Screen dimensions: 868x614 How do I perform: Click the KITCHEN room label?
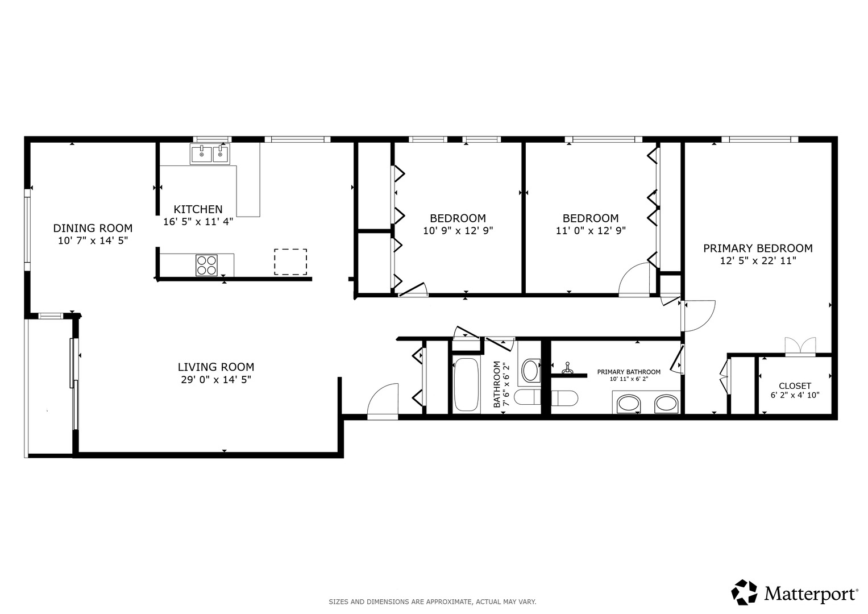pyautogui.click(x=198, y=209)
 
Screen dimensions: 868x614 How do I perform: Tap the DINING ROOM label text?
pyautogui.click(x=93, y=228)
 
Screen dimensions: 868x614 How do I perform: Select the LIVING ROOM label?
pyautogui.click(x=216, y=367)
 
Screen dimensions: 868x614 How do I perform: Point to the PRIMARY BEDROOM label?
pyautogui.click(x=758, y=248)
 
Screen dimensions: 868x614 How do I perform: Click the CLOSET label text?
pyautogui.click(x=795, y=385)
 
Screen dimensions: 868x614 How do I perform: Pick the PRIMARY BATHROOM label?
pyautogui.click(x=629, y=372)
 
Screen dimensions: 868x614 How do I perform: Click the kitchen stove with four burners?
pyautogui.click(x=206, y=265)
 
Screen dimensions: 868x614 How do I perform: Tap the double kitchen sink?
pyautogui.click(x=210, y=154)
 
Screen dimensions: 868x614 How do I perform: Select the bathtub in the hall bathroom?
pyautogui.click(x=466, y=385)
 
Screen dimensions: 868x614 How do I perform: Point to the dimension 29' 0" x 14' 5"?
pyautogui.click(x=216, y=380)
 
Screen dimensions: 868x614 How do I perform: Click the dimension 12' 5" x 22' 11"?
pyautogui.click(x=758, y=261)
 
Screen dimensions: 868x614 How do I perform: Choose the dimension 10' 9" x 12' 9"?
pyautogui.click(x=458, y=231)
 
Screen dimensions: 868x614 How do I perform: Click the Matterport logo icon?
pyautogui.click(x=744, y=592)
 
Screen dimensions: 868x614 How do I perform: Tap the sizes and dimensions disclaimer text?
pyautogui.click(x=433, y=602)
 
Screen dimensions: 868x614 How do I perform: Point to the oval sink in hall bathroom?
pyautogui.click(x=530, y=370)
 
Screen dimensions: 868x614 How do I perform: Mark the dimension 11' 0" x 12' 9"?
pyautogui.click(x=591, y=231)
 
